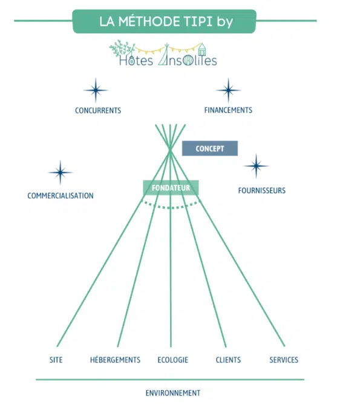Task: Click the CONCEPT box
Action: [210, 148]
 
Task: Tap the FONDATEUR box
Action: [171, 188]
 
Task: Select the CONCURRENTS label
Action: [98, 110]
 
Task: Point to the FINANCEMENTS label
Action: [228, 110]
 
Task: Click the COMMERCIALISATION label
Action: [61, 196]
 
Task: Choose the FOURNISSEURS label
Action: [262, 191]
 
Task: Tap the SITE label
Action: [56, 360]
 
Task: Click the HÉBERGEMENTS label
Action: [116, 360]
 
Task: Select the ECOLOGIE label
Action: [173, 360]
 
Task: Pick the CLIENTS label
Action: [228, 360]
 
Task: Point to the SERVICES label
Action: [284, 360]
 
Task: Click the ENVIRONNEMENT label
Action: [173, 393]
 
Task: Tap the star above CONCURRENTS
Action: [96, 90]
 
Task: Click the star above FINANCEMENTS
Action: [228, 90]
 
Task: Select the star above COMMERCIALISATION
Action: [61, 173]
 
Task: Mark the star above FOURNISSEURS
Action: [256, 166]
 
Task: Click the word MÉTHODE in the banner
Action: [149, 21]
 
